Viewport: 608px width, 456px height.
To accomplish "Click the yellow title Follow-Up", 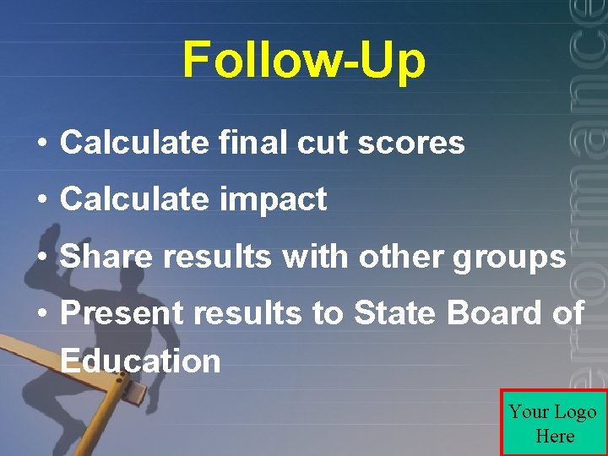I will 304,60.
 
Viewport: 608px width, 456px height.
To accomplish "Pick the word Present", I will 122,313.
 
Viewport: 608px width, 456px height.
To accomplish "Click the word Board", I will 493,313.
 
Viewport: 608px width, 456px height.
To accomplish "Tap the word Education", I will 140,361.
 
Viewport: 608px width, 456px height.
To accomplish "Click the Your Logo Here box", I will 553,423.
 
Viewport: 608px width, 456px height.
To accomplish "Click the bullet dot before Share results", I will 41,257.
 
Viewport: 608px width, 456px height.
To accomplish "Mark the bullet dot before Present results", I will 41,314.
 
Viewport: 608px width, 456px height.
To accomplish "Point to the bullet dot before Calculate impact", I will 41,200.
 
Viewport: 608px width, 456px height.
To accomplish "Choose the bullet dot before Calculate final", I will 41,144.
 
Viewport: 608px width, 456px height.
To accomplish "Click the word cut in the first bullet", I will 322,143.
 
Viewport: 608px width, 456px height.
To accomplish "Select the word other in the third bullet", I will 402,256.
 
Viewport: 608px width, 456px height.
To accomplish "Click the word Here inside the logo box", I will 554,436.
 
